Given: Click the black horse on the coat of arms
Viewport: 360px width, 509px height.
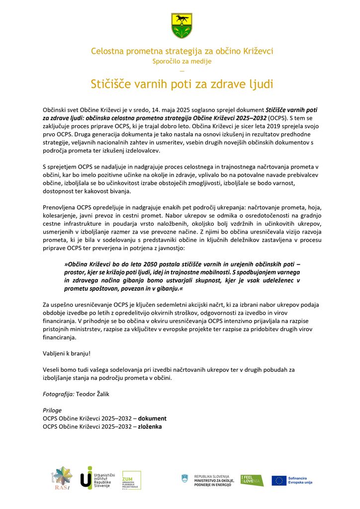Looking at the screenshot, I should (x=181, y=20).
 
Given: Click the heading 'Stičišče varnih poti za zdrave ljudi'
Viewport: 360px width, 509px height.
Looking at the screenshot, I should (x=182, y=84).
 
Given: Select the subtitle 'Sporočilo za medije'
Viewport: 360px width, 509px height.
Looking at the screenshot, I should (x=181, y=61).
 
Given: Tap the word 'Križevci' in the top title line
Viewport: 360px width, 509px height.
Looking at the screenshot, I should (x=257, y=51).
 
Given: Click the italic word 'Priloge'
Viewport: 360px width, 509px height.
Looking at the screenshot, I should (x=52, y=410).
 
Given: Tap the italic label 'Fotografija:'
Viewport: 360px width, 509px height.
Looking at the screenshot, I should (x=59, y=394).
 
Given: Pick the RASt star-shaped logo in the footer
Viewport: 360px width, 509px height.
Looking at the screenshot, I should (x=63, y=478).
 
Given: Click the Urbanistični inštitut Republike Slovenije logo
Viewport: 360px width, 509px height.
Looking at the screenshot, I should (x=97, y=478).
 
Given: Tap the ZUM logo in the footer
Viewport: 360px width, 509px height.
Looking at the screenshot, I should (x=131, y=480).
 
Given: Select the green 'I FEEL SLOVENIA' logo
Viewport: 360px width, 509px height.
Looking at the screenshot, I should (x=252, y=480).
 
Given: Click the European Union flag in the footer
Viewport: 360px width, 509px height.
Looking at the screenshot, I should (x=279, y=480).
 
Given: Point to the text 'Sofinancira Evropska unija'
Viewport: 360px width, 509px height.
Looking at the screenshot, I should (x=301, y=480).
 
